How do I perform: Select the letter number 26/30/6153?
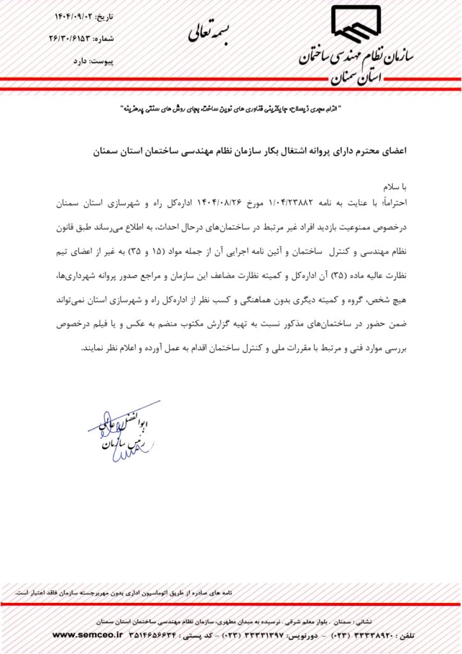click(x=73, y=38)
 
